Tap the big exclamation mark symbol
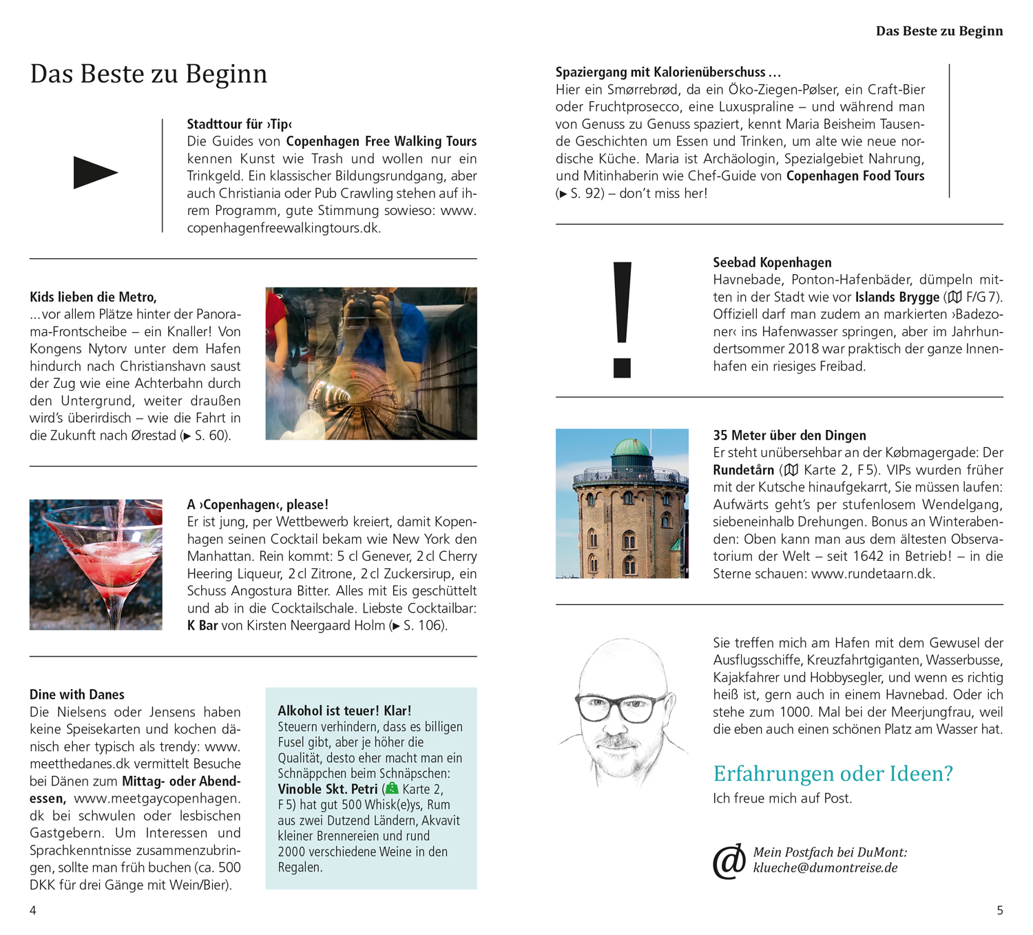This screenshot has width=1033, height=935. pos(622,318)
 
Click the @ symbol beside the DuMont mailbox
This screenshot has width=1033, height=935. pos(729,861)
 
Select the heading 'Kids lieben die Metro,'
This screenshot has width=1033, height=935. pos(93,297)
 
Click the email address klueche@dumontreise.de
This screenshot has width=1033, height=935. pos(825,868)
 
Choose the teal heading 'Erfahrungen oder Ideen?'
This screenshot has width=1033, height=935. pos(833,774)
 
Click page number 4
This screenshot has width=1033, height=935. pos(32,911)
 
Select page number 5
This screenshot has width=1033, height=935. pos(1000,911)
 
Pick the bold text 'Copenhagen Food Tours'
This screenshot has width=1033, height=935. pos(855,176)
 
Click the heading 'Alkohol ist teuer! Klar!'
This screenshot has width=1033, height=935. pos(344,711)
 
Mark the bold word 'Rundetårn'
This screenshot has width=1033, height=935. pos(743,471)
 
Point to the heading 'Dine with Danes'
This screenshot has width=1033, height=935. pos(77,695)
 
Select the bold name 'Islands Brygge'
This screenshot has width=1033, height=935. pos(897,298)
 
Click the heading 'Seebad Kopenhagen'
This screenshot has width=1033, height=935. pos(772,263)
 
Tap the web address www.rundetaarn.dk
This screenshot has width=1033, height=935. pos(873,574)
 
